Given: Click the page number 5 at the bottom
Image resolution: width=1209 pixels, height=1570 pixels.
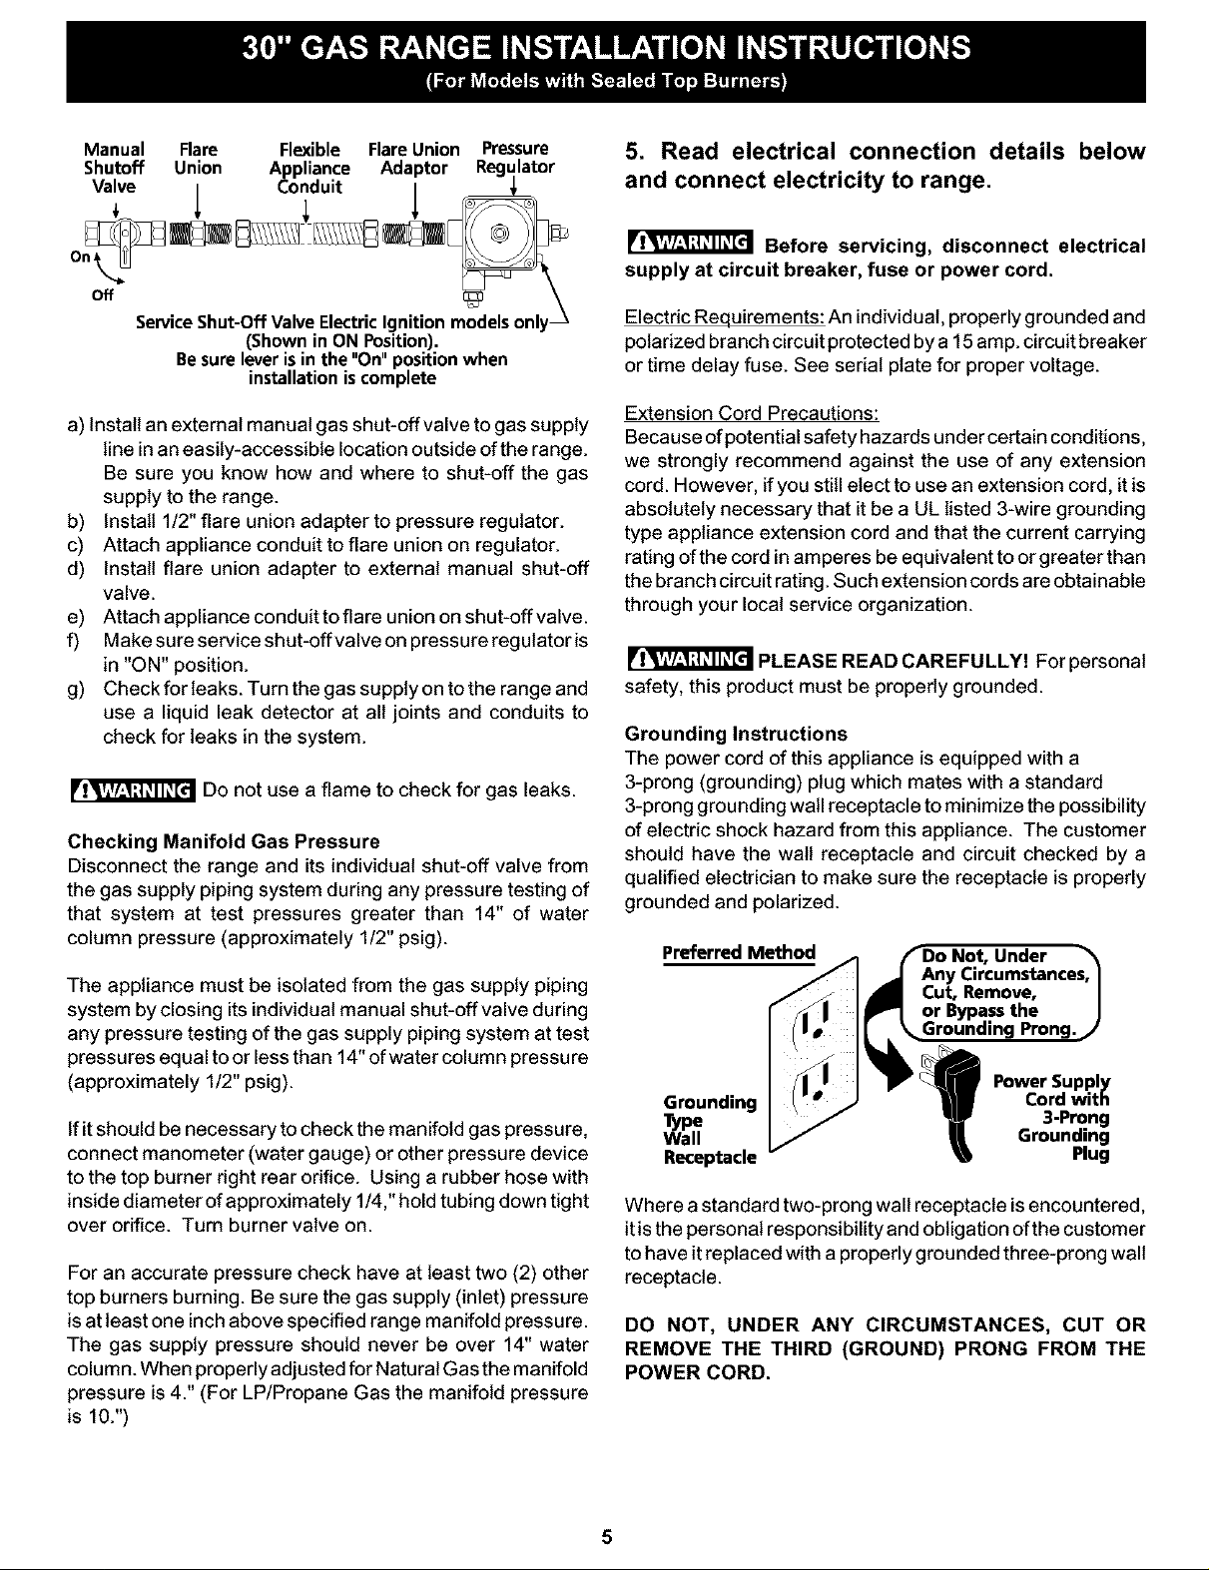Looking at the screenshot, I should [605, 1538].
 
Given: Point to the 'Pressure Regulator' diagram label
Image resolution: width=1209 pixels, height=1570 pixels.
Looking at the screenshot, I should [515, 159].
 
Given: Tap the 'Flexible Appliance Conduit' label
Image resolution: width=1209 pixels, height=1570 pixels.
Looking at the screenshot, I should [309, 168].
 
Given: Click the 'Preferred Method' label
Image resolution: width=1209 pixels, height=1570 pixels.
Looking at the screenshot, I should [739, 951].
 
